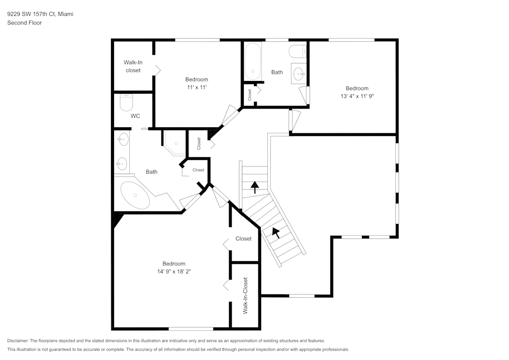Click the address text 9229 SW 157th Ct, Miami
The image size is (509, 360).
click(x=40, y=14)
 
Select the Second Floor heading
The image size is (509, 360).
click(x=24, y=23)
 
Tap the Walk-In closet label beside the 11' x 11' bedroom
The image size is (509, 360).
click(x=133, y=66)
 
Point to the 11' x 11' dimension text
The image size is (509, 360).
click(x=196, y=87)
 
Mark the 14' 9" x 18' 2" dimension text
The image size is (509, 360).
click(x=174, y=271)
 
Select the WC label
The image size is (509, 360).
click(x=135, y=116)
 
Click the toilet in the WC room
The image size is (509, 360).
click(x=126, y=102)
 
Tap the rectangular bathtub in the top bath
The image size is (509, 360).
click(x=253, y=62)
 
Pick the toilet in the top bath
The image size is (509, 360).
click(x=297, y=51)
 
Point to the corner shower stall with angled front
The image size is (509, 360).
click(x=174, y=142)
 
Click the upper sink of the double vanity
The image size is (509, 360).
click(x=122, y=139)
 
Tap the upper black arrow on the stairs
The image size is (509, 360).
click(x=254, y=187)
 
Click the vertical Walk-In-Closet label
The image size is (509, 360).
click(x=245, y=295)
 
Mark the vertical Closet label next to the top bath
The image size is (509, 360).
click(x=249, y=94)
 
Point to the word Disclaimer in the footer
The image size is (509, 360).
click(x=18, y=341)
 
